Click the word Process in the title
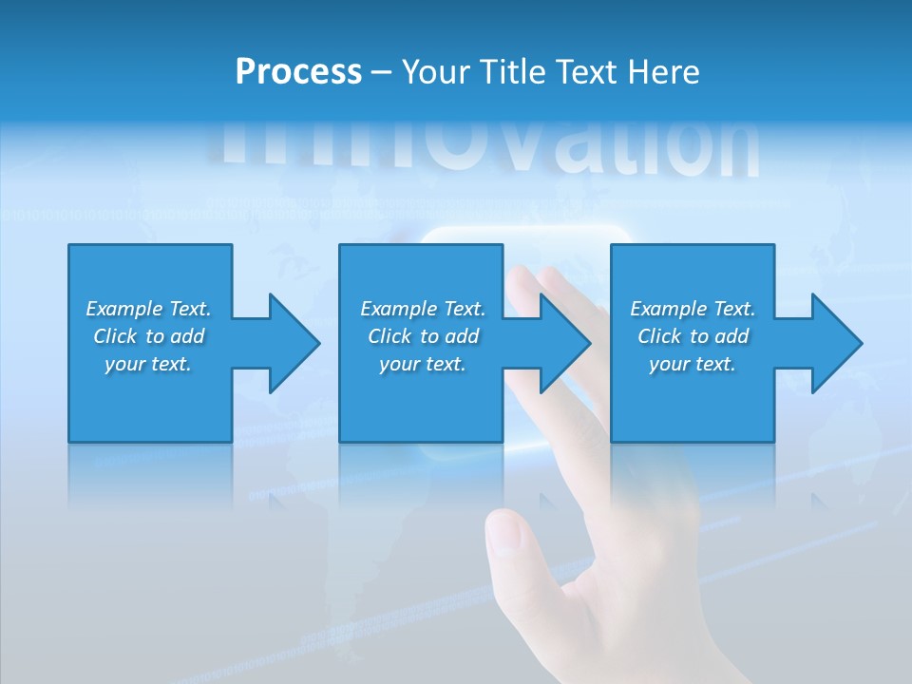coord(298,72)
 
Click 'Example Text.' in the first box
coord(148,309)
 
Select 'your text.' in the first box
coord(148,364)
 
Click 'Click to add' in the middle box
coord(423,336)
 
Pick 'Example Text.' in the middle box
coord(423,309)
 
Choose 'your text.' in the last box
coord(693,364)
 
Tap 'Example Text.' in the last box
coord(693,309)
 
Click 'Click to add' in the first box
coord(148,336)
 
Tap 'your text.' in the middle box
coord(423,364)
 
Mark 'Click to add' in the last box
coord(693,336)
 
